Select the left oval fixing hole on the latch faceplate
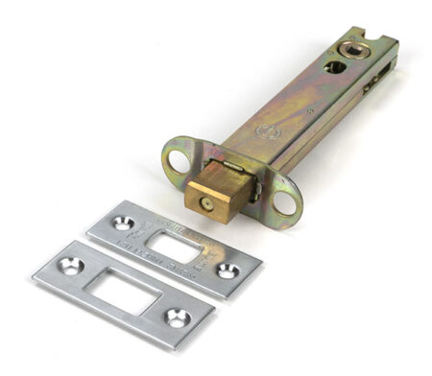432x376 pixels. [177, 159]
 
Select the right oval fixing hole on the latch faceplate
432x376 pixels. [286, 203]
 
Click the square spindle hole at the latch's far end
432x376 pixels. [357, 47]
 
